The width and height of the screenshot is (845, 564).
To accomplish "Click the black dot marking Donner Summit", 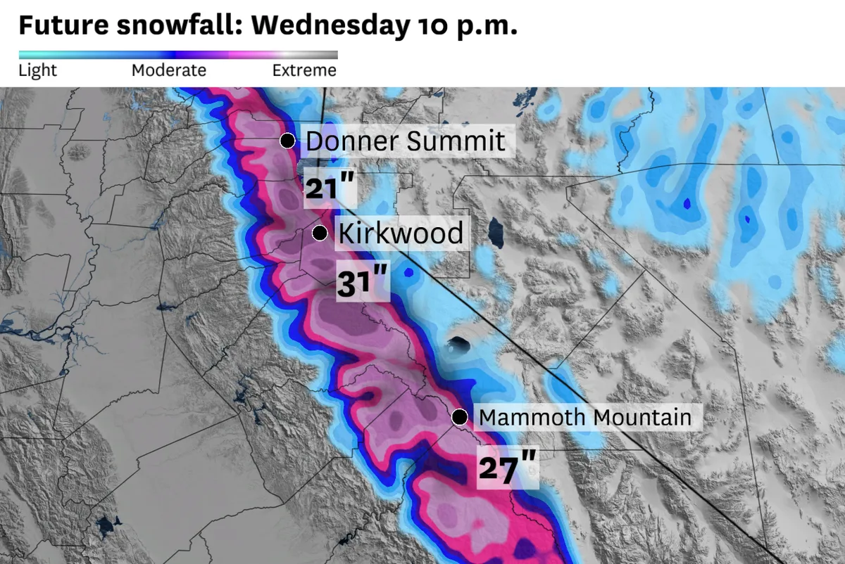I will point(287,141).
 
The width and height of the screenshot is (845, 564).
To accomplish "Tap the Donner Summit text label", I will point(406,141).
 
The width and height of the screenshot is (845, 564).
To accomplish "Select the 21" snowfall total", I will point(328,188).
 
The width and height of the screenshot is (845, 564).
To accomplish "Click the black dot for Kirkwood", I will point(319,233).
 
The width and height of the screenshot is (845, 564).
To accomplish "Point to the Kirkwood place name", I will point(401,233).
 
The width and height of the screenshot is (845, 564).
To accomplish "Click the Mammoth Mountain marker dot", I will point(460,418).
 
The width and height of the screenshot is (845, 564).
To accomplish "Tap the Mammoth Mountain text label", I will point(584,418).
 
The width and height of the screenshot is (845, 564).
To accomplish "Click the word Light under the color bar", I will point(37,71).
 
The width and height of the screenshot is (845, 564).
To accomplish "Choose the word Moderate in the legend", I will point(169,71).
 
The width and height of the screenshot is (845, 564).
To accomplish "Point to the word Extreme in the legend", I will point(304,71).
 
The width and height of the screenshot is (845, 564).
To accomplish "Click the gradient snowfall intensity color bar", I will point(177,55).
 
